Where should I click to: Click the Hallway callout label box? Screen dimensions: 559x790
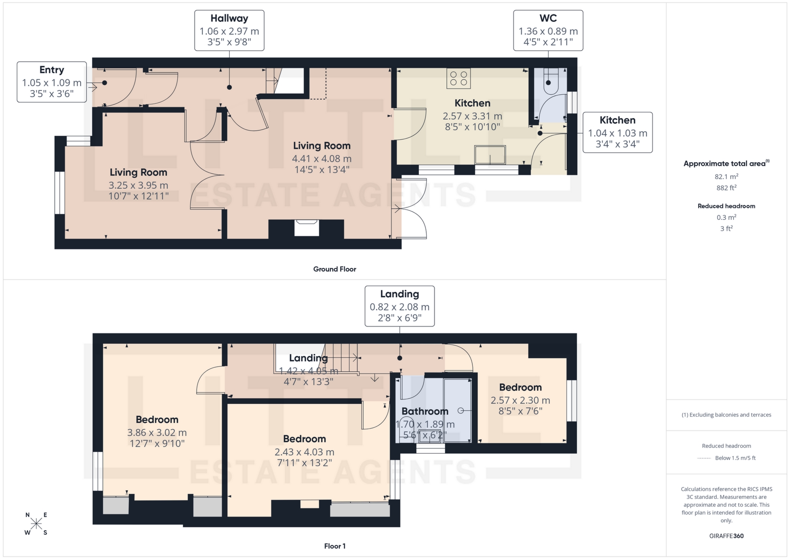pyautogui.click(x=229, y=30)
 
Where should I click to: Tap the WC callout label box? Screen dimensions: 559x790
pyautogui.click(x=548, y=30)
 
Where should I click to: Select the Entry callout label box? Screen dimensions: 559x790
pyautogui.click(x=52, y=82)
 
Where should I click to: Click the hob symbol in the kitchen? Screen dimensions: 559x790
pyautogui.click(x=458, y=78)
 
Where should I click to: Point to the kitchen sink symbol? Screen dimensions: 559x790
pyautogui.click(x=490, y=155)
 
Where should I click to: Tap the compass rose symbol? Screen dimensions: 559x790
pyautogui.click(x=36, y=524)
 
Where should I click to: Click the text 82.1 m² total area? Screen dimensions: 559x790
pyautogui.click(x=726, y=177)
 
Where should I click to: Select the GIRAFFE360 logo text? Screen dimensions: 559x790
pyautogui.click(x=726, y=536)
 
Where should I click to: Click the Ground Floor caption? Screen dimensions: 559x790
pyautogui.click(x=335, y=269)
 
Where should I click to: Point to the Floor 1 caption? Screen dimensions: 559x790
pyautogui.click(x=335, y=546)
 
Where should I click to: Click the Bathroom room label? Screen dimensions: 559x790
pyautogui.click(x=425, y=411)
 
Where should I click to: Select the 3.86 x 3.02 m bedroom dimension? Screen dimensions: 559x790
pyautogui.click(x=157, y=433)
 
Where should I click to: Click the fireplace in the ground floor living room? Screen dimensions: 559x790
pyautogui.click(x=307, y=228)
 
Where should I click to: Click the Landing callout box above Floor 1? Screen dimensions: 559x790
pyautogui.click(x=400, y=306)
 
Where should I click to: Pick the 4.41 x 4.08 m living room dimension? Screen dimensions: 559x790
pyautogui.click(x=321, y=158)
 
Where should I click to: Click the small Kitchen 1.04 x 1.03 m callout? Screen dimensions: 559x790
pyautogui.click(x=618, y=132)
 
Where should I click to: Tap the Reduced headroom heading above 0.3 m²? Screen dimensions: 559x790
pyautogui.click(x=726, y=206)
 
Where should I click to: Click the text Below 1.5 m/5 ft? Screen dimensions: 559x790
pyautogui.click(x=735, y=458)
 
